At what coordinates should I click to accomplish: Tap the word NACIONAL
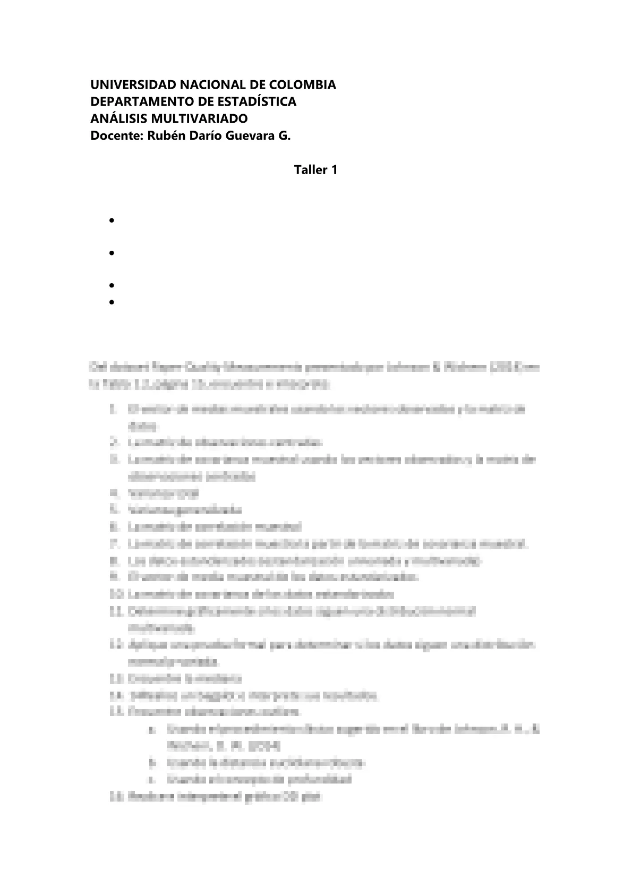click(x=192, y=85)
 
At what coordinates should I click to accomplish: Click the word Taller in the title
click(x=311, y=170)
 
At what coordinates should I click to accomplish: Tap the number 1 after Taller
click(x=334, y=170)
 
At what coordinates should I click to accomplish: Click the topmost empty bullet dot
click(x=112, y=220)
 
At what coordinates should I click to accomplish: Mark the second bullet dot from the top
click(x=112, y=253)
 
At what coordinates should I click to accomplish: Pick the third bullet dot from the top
click(x=112, y=286)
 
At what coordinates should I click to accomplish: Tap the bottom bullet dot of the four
click(x=112, y=302)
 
